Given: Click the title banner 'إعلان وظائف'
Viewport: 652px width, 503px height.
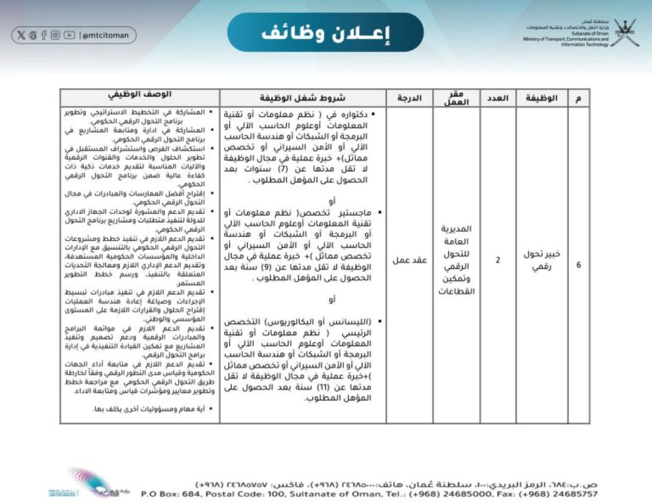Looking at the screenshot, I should point(325,33).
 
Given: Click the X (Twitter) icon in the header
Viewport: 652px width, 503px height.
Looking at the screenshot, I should point(21,35).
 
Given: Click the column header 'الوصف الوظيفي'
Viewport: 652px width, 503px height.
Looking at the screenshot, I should point(140,95).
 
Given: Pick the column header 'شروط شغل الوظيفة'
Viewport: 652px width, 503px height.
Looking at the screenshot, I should point(303,98).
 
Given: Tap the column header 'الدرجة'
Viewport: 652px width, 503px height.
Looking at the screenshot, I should point(409,98).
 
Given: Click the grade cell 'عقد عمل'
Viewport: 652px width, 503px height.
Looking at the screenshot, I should point(409,260).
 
